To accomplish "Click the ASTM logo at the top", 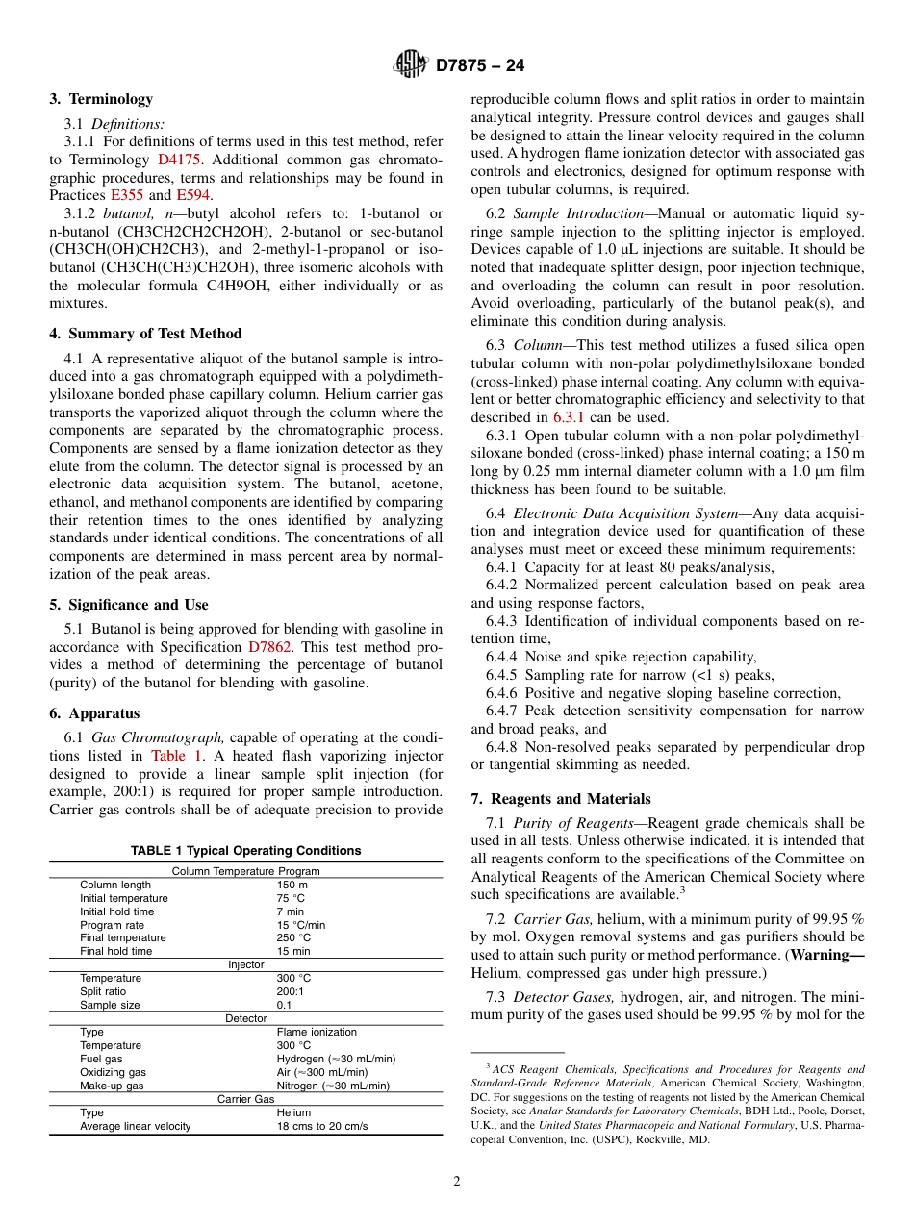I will [x=411, y=65].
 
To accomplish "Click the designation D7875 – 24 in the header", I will [x=480, y=66].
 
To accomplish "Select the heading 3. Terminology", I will [x=101, y=99].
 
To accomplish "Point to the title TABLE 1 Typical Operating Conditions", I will [x=245, y=851].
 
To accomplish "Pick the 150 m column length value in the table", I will [x=292, y=886].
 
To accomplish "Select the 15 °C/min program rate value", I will [x=301, y=925].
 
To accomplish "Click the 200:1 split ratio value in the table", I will [x=291, y=991].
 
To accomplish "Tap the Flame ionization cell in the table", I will [x=317, y=1032].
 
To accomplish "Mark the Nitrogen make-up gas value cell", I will [x=333, y=1086].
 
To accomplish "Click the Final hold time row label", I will [x=115, y=952].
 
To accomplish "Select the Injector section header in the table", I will [x=245, y=965].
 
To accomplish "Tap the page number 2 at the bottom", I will [x=457, y=1182].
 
